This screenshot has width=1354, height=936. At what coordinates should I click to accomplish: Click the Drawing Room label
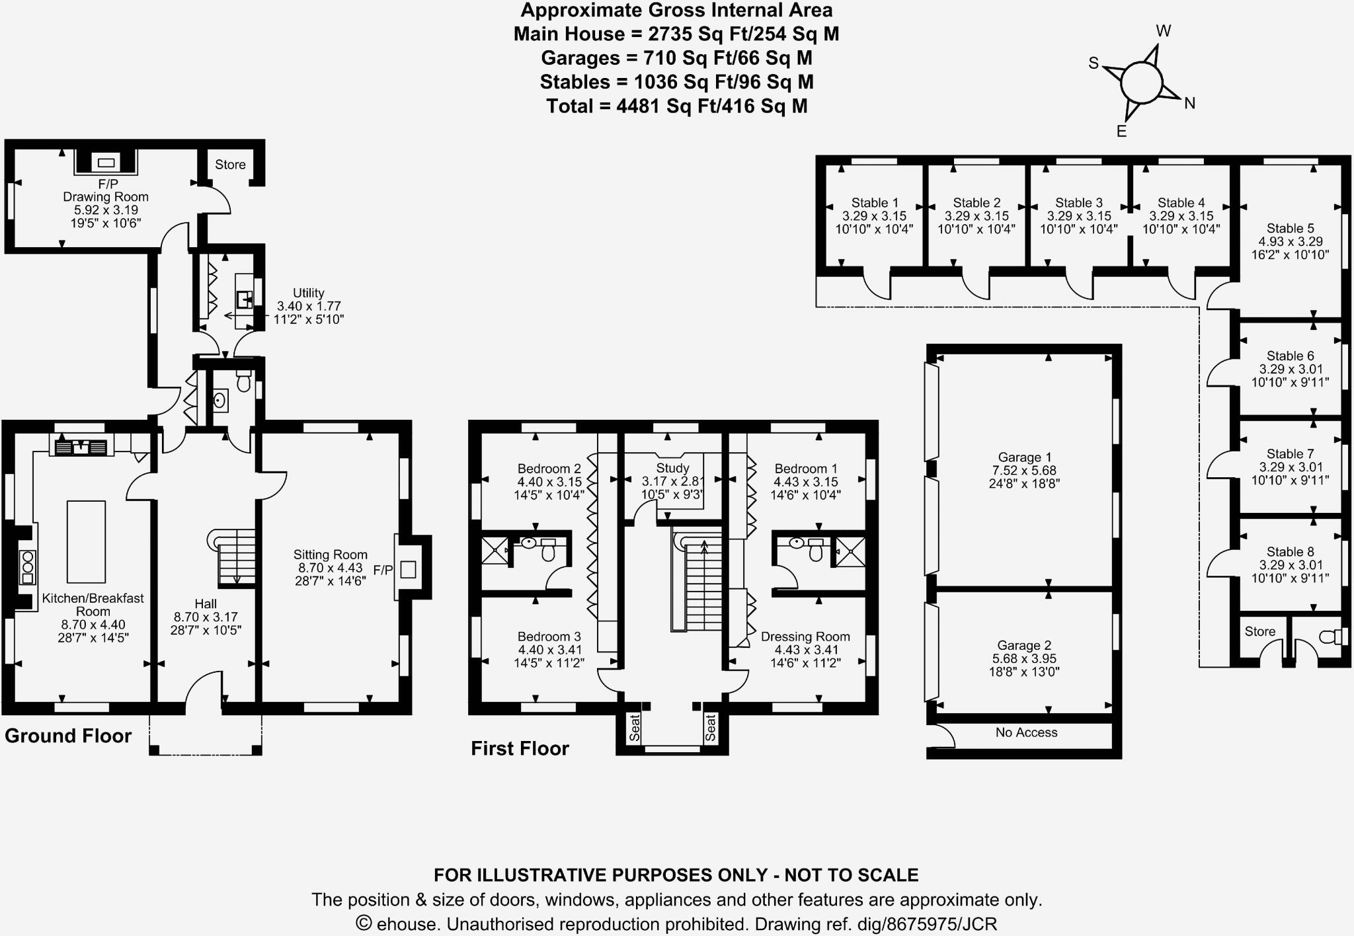point(106,197)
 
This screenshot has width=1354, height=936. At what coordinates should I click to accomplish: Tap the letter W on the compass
point(1164,31)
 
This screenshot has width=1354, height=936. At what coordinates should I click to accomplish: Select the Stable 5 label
point(1290,229)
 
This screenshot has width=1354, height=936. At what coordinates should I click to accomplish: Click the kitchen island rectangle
point(86,542)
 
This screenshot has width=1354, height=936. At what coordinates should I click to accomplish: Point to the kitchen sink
point(81,448)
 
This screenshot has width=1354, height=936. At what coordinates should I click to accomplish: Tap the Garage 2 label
point(1024,646)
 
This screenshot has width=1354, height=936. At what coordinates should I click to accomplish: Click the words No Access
point(1026,732)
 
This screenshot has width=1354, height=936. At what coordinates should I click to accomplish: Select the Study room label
point(672,468)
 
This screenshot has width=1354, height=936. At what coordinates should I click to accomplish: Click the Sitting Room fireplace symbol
point(409,569)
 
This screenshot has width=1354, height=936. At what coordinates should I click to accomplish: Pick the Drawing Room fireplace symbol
point(106,163)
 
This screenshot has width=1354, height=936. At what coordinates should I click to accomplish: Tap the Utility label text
point(309,293)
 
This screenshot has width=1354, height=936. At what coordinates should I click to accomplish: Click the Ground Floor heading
point(68,736)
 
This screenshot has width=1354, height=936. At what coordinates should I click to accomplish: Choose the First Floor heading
point(520,748)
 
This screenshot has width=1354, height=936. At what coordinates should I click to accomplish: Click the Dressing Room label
point(805,637)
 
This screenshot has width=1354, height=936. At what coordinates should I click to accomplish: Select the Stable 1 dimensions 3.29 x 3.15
point(874,216)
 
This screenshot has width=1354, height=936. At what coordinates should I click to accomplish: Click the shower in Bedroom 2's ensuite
point(495,550)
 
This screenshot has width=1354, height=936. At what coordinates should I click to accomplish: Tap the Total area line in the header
point(677,106)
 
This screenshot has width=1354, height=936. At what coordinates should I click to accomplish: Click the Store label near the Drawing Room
point(230,165)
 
